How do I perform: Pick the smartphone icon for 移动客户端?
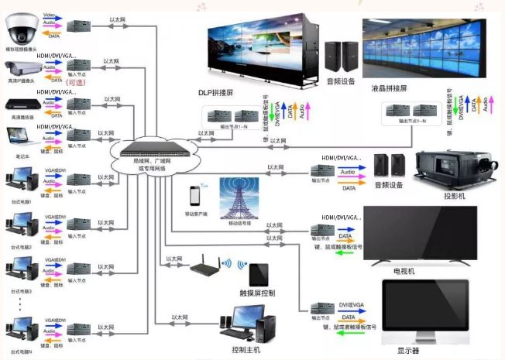pos(196,196)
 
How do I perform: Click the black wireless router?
pos(204,266)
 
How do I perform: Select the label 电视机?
pos(405,271)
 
